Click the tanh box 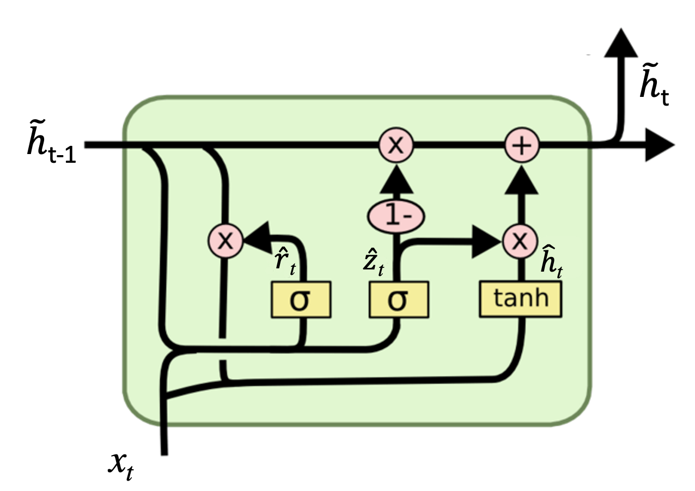520,299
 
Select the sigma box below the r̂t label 301,300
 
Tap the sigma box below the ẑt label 398,300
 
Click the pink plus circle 522,145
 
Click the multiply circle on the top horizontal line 396,145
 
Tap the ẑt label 374,262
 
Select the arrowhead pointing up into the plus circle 522,180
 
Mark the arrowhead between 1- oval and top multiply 396,180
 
